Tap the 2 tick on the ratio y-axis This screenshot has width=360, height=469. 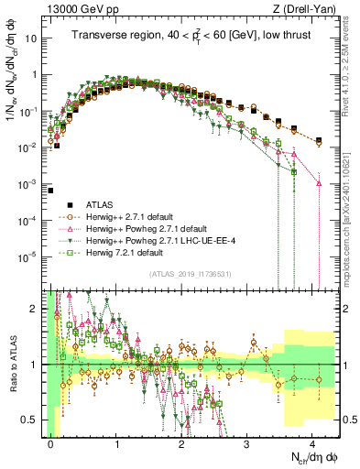tap(37, 309)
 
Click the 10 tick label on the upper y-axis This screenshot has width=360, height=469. tap(32, 39)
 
